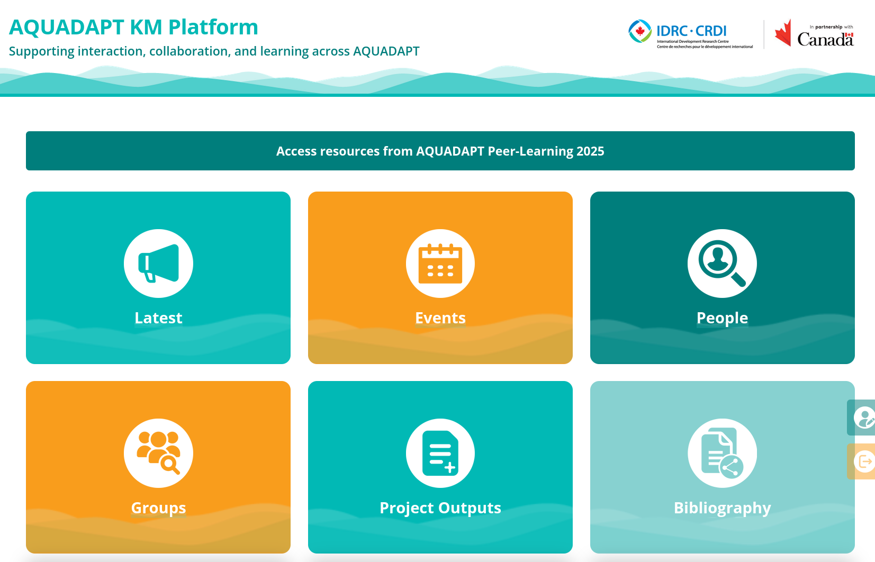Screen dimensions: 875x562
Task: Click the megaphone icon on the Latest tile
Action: [x=159, y=263]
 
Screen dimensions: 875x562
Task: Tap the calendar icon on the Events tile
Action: [x=440, y=264]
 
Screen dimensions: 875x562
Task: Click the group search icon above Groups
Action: [x=158, y=453]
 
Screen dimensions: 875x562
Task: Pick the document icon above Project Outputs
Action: [x=440, y=453]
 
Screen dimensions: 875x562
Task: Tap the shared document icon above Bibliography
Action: [x=722, y=453]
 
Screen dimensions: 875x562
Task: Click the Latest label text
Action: [x=158, y=318]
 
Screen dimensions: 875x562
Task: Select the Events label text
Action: [x=440, y=318]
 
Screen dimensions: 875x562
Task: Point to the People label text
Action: [x=722, y=318]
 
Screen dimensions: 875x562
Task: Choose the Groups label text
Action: [x=158, y=507]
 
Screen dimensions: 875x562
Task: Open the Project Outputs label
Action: [x=440, y=507]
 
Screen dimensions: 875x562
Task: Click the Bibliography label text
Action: [x=722, y=507]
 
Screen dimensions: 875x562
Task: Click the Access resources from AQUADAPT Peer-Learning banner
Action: [x=440, y=151]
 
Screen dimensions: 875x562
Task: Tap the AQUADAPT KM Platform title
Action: [x=133, y=27]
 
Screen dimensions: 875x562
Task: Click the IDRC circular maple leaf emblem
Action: [x=640, y=31]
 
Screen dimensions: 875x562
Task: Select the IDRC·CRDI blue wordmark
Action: [x=691, y=31]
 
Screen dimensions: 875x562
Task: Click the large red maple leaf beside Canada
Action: [x=783, y=33]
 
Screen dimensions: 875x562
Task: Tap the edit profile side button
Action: [x=862, y=418]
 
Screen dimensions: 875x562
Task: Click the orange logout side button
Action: [x=862, y=461]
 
